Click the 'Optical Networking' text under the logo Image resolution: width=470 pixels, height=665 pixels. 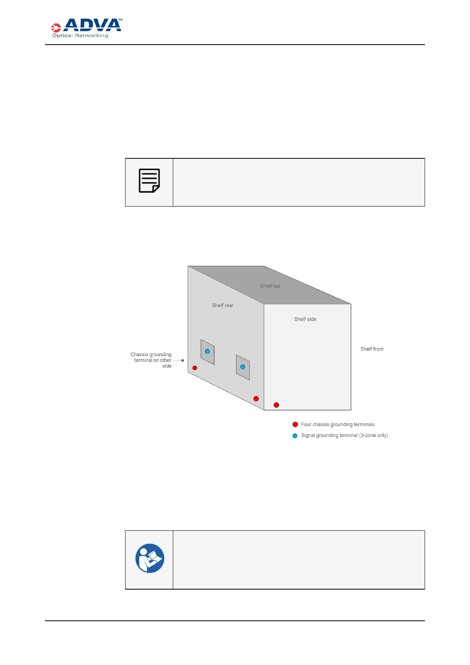(x=80, y=36)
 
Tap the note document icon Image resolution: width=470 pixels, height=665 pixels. (x=149, y=181)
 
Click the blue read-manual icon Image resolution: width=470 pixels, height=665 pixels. (x=150, y=558)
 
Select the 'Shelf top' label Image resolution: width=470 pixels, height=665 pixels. (x=270, y=286)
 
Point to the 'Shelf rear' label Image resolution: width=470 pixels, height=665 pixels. (x=223, y=305)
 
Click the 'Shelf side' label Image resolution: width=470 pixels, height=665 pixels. (x=305, y=319)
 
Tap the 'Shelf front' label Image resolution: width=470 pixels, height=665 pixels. (x=372, y=349)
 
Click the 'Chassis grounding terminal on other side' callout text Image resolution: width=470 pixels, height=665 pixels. (x=152, y=360)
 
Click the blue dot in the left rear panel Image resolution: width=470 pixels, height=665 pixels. (x=208, y=351)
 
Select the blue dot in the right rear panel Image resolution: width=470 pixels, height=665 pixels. (x=243, y=367)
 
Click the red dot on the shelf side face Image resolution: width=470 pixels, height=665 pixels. (x=276, y=405)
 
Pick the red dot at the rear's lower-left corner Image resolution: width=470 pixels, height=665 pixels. (x=195, y=368)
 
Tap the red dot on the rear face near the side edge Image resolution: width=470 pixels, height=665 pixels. (x=256, y=398)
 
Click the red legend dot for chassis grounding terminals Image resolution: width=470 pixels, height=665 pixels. (x=295, y=425)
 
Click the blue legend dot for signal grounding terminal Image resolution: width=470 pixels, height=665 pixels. (x=295, y=436)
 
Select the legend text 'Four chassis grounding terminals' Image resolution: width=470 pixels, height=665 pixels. (x=338, y=425)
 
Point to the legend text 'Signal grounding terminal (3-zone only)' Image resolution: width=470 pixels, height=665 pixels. (x=345, y=436)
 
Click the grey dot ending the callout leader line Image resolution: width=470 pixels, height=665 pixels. (x=182, y=361)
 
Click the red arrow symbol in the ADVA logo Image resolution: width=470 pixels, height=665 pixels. (x=56, y=28)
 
